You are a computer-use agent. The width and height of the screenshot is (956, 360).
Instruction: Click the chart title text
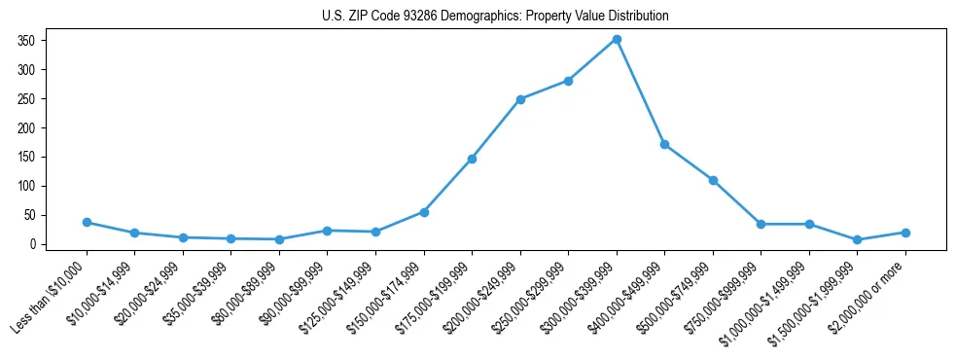pos(495,17)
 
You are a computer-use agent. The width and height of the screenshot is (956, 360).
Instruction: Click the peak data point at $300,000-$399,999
pos(617,39)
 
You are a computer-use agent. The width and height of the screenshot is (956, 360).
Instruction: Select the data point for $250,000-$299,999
pos(568,81)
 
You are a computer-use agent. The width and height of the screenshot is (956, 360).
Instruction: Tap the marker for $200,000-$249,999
pos(520,99)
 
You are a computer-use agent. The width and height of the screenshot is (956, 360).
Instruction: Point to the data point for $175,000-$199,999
pos(472,159)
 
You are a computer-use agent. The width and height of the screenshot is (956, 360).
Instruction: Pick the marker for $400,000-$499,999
pos(664,144)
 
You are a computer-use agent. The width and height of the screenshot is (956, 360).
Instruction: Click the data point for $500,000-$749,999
pos(713,180)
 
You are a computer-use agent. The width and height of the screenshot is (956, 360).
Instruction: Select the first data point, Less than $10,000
pos(87,222)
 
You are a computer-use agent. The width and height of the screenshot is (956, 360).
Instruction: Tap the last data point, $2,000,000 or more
pos(905,233)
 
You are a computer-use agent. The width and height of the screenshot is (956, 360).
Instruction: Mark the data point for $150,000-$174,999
pos(424,212)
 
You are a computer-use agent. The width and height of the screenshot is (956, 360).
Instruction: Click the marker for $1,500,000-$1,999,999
pos(857,239)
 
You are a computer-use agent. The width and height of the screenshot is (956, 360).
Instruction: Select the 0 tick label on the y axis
pos(32,244)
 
